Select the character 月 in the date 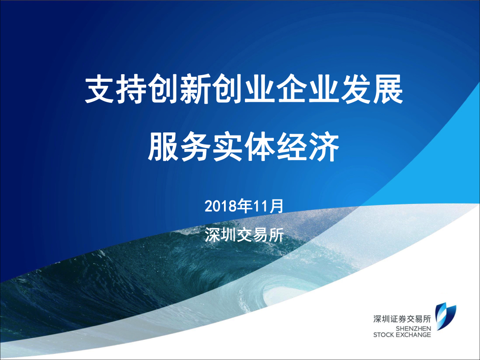pos(276,206)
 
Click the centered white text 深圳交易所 pos(244,235)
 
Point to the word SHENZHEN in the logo pos(413,328)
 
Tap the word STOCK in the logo pos(383,335)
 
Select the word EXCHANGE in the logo pos(412,335)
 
